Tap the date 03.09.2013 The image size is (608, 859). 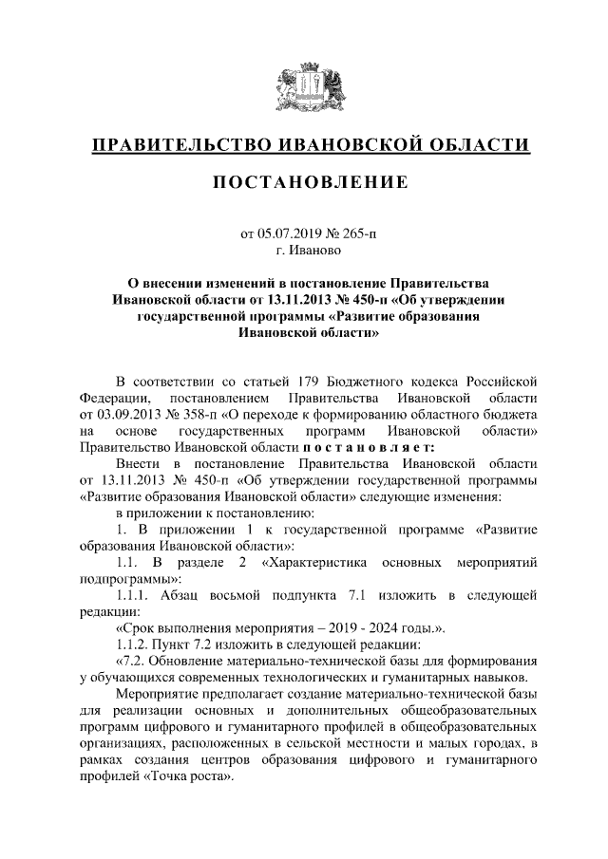(129, 414)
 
